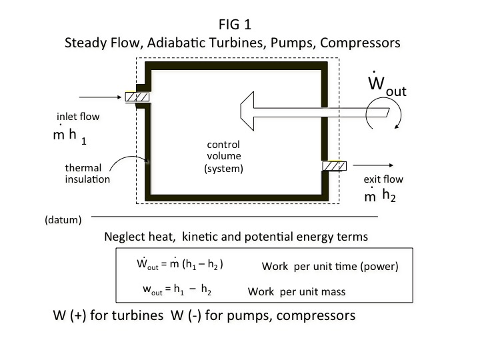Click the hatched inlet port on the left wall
point(137,97)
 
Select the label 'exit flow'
point(383,179)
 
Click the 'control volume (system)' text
point(223,157)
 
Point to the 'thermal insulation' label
point(83,173)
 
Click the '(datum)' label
point(63,219)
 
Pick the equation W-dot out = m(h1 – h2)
point(179,264)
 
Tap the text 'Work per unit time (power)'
point(330,266)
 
